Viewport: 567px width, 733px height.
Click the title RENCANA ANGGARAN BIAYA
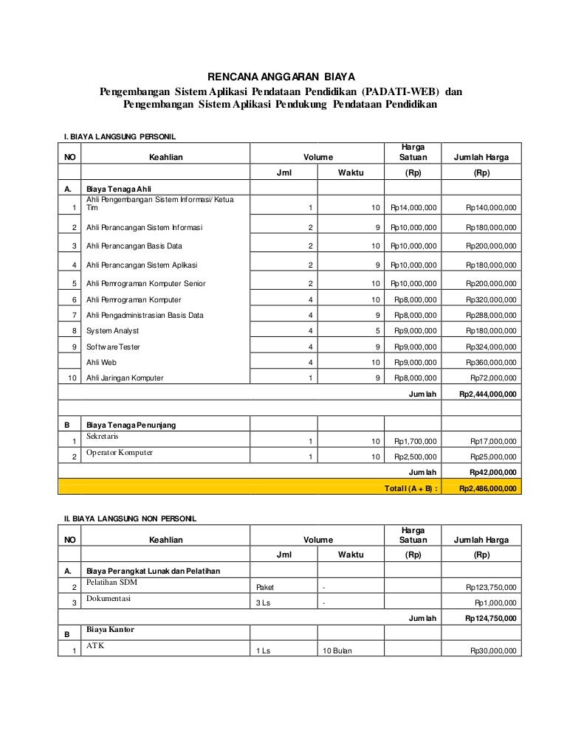(x=281, y=76)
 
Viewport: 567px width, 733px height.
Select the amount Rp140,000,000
(x=491, y=208)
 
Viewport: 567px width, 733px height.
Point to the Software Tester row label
(x=113, y=347)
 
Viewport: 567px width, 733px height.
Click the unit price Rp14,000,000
(x=413, y=208)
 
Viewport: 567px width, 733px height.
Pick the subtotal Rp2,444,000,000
(x=487, y=395)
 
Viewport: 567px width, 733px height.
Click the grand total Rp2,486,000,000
(x=487, y=488)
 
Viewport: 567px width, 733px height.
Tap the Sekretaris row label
(x=103, y=436)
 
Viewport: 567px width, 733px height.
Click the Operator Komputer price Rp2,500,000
(x=415, y=457)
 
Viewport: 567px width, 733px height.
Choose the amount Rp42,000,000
(x=492, y=473)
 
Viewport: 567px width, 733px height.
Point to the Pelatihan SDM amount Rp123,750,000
(x=491, y=587)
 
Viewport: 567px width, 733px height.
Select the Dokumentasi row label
(x=109, y=599)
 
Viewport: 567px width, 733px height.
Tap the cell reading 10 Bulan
(x=337, y=651)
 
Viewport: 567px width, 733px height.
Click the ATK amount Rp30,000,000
(x=492, y=651)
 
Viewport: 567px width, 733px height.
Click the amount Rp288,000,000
(x=491, y=316)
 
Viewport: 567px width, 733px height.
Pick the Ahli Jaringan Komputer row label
(x=125, y=378)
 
